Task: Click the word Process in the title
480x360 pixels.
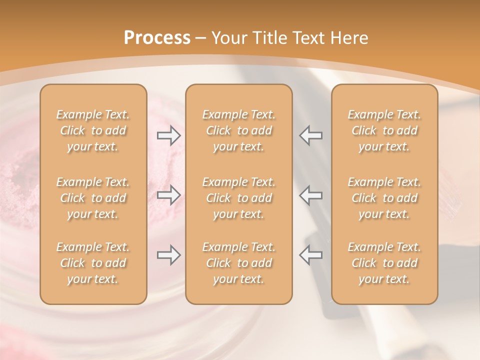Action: point(157,38)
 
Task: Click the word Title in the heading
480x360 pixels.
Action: point(269,38)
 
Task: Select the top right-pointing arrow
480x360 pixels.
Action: point(169,135)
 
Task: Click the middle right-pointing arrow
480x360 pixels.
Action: point(169,195)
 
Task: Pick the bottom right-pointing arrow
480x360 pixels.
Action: point(169,255)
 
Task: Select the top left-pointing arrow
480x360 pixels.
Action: point(310,135)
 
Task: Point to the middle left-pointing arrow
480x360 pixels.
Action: point(310,195)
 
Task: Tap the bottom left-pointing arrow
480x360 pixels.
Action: point(310,255)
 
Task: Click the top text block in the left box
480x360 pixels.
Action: point(93,130)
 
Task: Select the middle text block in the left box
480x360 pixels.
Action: point(93,198)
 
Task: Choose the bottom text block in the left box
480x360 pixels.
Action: point(93,263)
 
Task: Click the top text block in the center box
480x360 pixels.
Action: point(238,130)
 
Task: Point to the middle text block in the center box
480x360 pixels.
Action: point(238,198)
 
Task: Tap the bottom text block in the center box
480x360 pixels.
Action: point(238,263)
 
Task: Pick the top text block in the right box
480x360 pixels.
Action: point(384,130)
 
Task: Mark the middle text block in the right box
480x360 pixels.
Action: point(384,198)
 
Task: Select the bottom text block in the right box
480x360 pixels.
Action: point(384,263)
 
